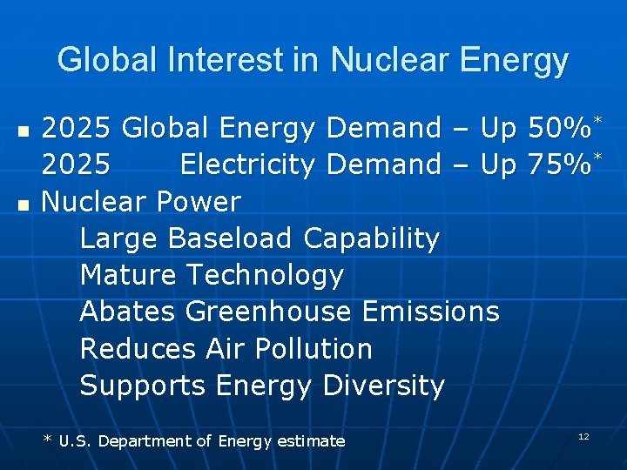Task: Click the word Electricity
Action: (250, 164)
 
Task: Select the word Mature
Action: (129, 276)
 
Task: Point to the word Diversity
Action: (383, 386)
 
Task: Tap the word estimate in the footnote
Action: (311, 441)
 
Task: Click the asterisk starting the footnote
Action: (47, 440)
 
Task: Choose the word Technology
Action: (266, 276)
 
